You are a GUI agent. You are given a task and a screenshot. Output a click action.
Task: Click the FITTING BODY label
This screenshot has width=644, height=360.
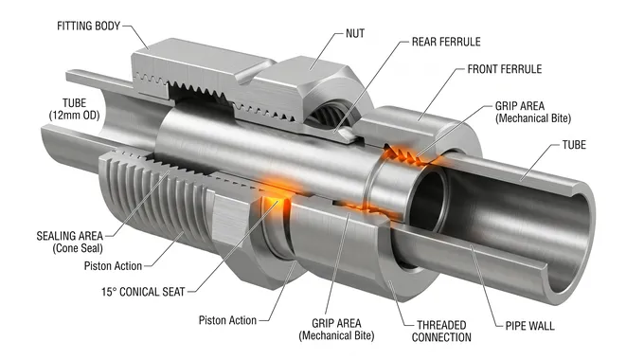pos(88,26)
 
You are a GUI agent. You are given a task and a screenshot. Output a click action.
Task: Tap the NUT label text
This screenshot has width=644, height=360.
pos(355,34)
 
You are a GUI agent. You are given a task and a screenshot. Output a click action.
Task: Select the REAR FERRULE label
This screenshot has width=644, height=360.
pos(446,42)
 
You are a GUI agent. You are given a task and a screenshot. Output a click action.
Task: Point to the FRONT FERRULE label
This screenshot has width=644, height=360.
pos(505,69)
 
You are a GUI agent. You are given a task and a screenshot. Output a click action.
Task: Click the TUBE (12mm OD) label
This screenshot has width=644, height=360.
pos(74,109)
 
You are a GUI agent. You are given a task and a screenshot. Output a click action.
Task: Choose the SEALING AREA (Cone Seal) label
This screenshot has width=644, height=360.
pos(69,243)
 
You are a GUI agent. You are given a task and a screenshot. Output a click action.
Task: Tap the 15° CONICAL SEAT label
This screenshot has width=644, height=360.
pos(143,292)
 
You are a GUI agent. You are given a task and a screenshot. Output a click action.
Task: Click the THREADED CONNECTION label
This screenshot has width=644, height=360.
pos(441,332)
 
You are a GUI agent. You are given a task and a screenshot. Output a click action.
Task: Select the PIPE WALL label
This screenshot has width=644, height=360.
pos(529,326)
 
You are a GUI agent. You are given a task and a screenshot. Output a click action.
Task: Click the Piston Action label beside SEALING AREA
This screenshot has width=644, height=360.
pos(113,266)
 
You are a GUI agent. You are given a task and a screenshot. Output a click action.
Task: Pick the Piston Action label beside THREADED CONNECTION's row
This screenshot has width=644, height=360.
pos(227,320)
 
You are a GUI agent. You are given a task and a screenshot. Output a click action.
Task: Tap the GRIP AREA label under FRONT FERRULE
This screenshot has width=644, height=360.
pos(532,112)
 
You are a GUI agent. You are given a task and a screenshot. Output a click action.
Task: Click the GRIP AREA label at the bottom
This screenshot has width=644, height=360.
pos(336,330)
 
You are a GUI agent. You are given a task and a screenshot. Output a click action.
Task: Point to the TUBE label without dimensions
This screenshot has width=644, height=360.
pos(574,145)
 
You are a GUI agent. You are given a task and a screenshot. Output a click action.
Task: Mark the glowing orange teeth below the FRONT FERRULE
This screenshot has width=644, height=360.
pos(402,156)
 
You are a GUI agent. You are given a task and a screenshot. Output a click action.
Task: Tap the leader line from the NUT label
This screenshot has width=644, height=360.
pos(325,50)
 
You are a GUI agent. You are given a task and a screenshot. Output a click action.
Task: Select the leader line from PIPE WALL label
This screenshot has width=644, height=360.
pos(486,286)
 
